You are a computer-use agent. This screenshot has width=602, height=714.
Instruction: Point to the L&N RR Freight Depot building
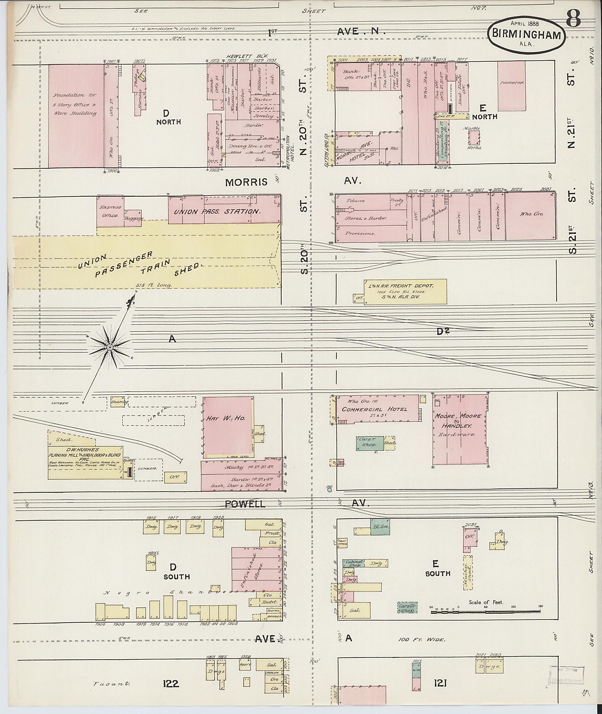(x=405, y=292)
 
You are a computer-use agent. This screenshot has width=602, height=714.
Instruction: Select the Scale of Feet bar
(x=486, y=612)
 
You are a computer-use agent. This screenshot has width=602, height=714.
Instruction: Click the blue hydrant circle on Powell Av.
(x=329, y=490)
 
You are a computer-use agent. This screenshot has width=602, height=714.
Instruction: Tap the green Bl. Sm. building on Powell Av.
(x=380, y=527)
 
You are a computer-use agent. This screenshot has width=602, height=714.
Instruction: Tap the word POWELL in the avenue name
(x=245, y=504)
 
